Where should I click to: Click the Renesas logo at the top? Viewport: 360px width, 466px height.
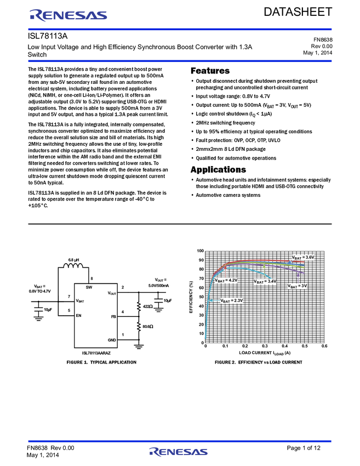click(68, 15)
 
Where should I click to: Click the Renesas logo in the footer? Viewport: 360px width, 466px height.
click(179, 452)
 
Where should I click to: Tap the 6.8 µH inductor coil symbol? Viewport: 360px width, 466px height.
click(73, 267)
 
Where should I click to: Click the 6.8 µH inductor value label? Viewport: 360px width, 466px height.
click(74, 259)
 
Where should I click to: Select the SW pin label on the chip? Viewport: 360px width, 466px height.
click(89, 287)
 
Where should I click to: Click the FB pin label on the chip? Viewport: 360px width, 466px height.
click(113, 317)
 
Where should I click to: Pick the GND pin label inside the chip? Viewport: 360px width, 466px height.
click(112, 340)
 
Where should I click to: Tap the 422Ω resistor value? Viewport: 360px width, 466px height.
click(147, 306)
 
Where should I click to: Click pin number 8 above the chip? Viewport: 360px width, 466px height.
click(92, 279)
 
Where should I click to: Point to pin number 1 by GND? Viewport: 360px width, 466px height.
click(123, 334)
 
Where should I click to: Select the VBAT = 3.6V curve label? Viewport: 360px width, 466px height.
click(302, 257)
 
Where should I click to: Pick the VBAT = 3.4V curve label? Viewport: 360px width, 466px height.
click(265, 281)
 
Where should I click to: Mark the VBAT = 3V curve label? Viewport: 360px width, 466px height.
click(298, 286)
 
